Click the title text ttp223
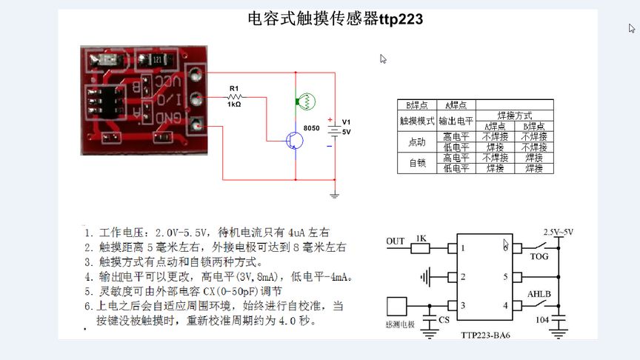[400, 20]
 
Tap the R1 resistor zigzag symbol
[235, 97]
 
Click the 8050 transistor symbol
[295, 141]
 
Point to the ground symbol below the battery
[334, 194]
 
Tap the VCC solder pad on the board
[196, 75]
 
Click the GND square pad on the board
[196, 125]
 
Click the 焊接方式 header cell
[514, 116]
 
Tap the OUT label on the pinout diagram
[396, 241]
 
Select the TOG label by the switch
[539, 257]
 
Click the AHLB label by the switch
[539, 294]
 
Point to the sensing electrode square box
[397, 306]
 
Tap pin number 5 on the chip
[506, 277]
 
